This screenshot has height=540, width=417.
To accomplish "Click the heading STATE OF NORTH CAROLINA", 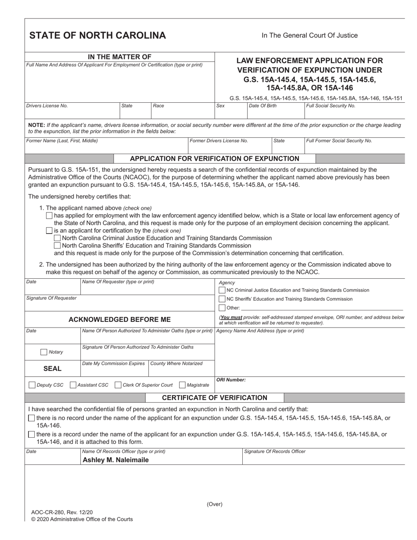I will (97, 36).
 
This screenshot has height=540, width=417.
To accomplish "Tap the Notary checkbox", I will (44, 352).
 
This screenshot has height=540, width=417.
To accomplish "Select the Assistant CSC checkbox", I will (73, 385).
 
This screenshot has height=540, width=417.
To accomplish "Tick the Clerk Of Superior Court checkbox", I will (118, 385).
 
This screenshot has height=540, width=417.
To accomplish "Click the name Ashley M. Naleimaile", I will (115, 460).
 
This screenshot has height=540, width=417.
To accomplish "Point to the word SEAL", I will (52, 369).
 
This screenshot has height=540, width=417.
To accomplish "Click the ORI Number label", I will (231, 380).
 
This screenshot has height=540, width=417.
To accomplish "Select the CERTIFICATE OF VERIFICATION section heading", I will (215, 398).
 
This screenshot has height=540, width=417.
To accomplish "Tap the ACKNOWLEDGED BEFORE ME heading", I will (119, 319).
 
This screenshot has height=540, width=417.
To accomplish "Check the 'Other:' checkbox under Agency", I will (222, 308).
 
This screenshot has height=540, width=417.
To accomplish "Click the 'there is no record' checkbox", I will (31, 418).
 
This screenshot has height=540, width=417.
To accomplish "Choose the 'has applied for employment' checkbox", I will (49, 216).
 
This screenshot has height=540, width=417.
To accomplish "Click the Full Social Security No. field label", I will (331, 106).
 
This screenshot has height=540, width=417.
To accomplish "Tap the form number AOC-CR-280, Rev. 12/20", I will (62, 512).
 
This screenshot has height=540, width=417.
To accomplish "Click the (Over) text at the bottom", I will (215, 504).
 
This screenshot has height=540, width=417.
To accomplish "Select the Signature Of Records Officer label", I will (275, 451).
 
